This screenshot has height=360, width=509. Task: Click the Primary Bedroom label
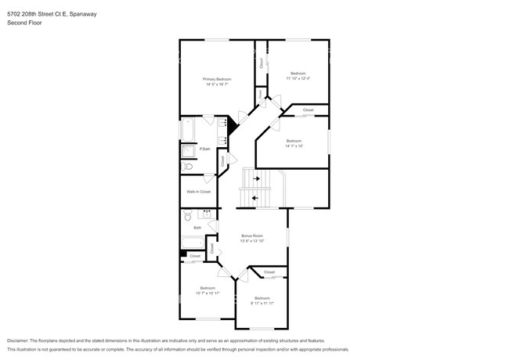point(217,79)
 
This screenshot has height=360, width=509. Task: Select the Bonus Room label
point(252,235)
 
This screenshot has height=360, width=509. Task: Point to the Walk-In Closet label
point(198,191)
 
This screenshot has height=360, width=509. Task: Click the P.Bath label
point(204,149)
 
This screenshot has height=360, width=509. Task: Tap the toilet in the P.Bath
point(186,167)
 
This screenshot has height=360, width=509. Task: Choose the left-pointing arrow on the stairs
point(254,197)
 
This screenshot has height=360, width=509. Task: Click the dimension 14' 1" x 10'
point(294,146)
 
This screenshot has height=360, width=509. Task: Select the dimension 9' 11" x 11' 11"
point(262,302)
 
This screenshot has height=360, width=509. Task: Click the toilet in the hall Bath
point(187,216)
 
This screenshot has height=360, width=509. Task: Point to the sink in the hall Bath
point(208,213)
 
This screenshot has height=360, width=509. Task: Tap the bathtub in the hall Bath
point(192,241)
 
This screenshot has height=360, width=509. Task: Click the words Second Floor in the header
point(24,23)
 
